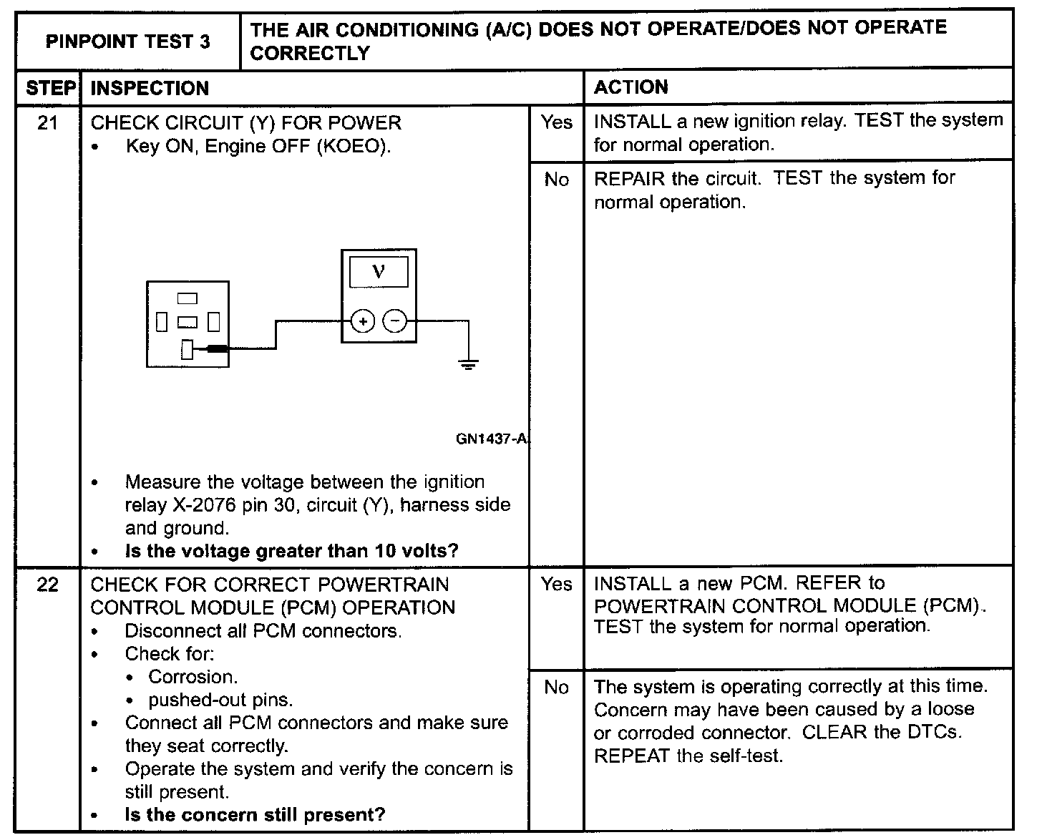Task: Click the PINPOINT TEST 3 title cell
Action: [x=128, y=41]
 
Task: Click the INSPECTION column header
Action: [x=150, y=89]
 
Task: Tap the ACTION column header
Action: [x=631, y=87]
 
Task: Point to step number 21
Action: [x=47, y=123]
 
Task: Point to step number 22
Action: [x=47, y=585]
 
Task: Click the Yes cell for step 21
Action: [x=556, y=123]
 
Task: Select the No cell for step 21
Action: [x=556, y=180]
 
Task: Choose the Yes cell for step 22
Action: [x=556, y=585]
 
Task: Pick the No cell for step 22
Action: [x=556, y=688]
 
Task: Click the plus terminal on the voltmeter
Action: [x=364, y=322]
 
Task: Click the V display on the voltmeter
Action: [x=379, y=272]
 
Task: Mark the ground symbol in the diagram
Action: [x=468, y=366]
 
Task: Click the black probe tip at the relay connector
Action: [x=217, y=349]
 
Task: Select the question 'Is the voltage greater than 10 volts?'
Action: [x=291, y=552]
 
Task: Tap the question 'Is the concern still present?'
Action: [x=255, y=815]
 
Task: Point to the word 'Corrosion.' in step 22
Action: [x=193, y=677]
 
